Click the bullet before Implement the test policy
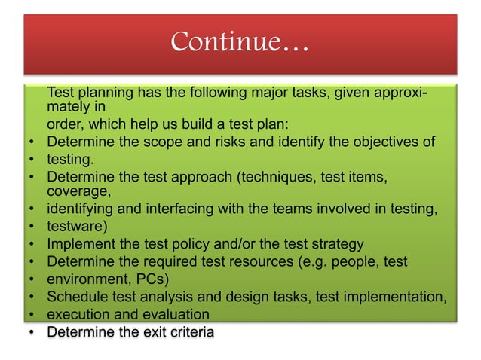[x=32, y=244]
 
